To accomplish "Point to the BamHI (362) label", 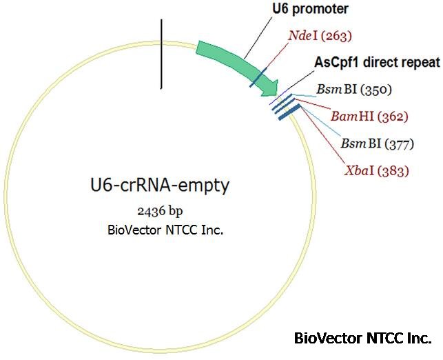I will tap(369, 116).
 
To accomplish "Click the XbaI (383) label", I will tap(376, 170).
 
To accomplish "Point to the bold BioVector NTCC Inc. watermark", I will tap(362, 339).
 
